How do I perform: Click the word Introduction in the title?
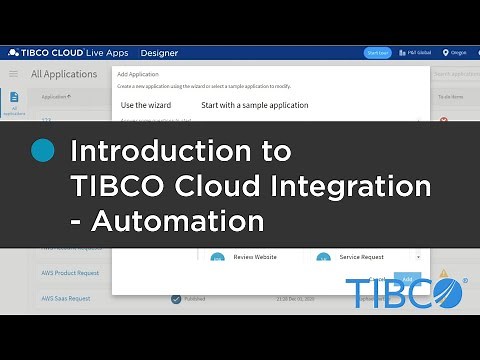(180, 152)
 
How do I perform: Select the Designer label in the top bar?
(158, 53)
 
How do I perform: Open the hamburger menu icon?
(14, 74)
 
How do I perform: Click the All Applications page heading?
(63, 74)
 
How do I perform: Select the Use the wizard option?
(146, 105)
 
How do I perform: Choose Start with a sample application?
(254, 105)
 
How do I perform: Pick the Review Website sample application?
(255, 257)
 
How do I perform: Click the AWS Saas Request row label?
(66, 298)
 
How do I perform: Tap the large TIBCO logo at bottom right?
(405, 293)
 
